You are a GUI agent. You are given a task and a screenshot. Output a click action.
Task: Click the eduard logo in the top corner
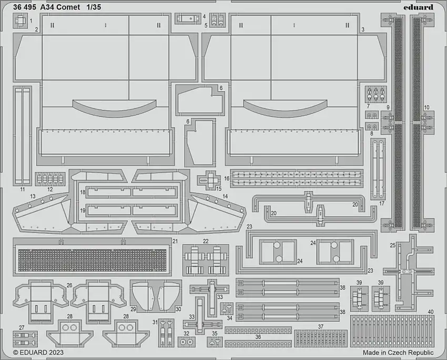(x=419, y=7)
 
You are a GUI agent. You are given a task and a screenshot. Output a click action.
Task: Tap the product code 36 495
(x=25, y=7)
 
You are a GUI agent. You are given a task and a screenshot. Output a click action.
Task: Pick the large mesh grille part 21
(x=93, y=258)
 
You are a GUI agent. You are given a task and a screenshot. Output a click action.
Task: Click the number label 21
(x=175, y=241)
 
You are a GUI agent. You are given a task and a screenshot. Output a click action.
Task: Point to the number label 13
(x=33, y=196)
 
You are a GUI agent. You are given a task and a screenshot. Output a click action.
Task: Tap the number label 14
(x=226, y=196)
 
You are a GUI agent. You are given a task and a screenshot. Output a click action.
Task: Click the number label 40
(x=431, y=311)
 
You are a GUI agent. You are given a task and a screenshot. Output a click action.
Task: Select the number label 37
(x=321, y=326)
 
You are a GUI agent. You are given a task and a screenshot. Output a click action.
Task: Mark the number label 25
(x=392, y=245)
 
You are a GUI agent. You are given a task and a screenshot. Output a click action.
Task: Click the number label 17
(x=382, y=203)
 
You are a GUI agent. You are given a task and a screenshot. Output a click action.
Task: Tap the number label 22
(x=206, y=241)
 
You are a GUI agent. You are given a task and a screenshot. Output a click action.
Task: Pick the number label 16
(x=227, y=179)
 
